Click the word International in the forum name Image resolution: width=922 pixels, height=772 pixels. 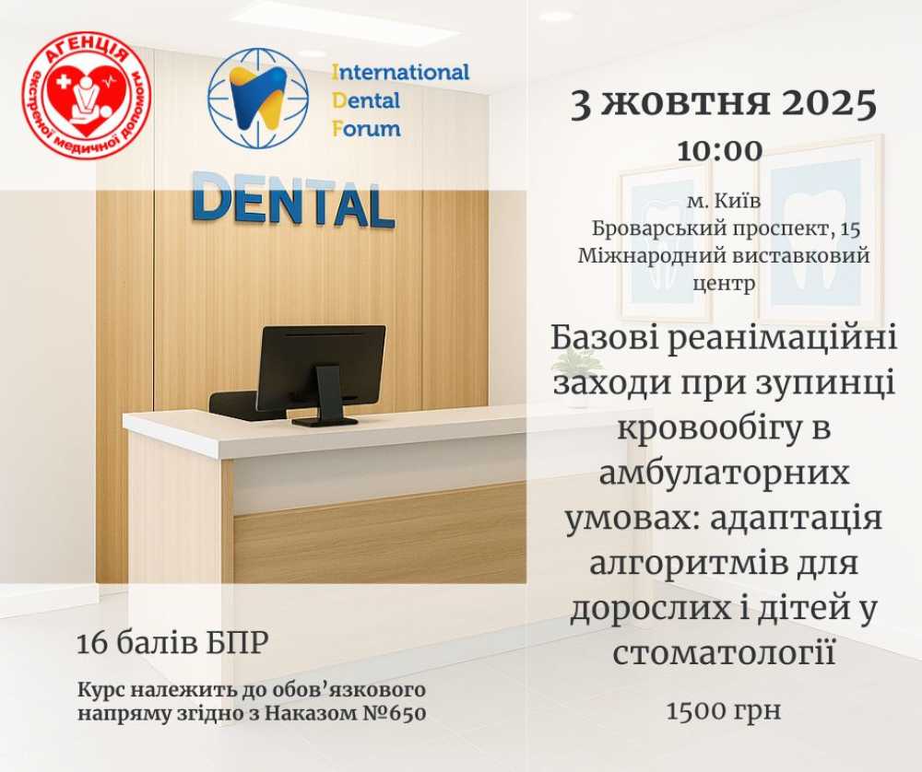pos(400,72)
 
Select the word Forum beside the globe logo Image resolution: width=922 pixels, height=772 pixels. pos(366,128)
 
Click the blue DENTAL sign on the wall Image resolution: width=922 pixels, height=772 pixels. pos(293,200)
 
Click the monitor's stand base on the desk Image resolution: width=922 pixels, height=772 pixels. pos(325,421)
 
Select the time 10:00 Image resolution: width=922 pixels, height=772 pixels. pos(720,151)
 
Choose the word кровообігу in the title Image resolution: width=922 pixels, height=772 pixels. pos(704,427)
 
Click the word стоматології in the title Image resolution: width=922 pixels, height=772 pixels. pos(724,651)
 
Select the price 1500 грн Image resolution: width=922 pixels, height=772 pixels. pos(724,710)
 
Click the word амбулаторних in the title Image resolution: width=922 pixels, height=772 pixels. pos(724,473)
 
